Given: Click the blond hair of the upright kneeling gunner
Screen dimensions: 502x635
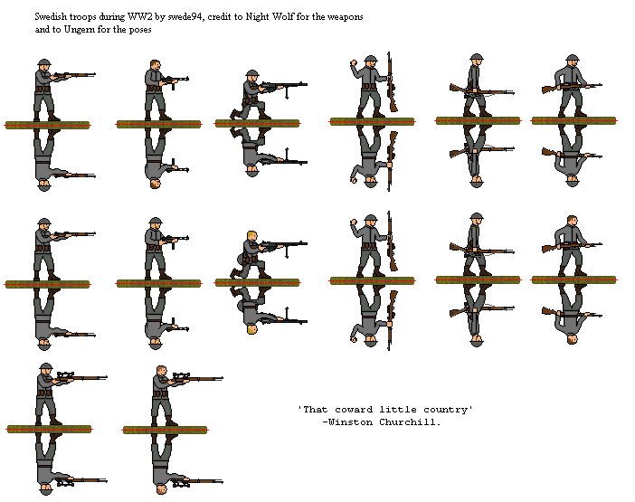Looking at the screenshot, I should (x=252, y=238).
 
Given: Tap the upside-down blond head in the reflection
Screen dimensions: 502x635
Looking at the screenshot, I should (x=252, y=327).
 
